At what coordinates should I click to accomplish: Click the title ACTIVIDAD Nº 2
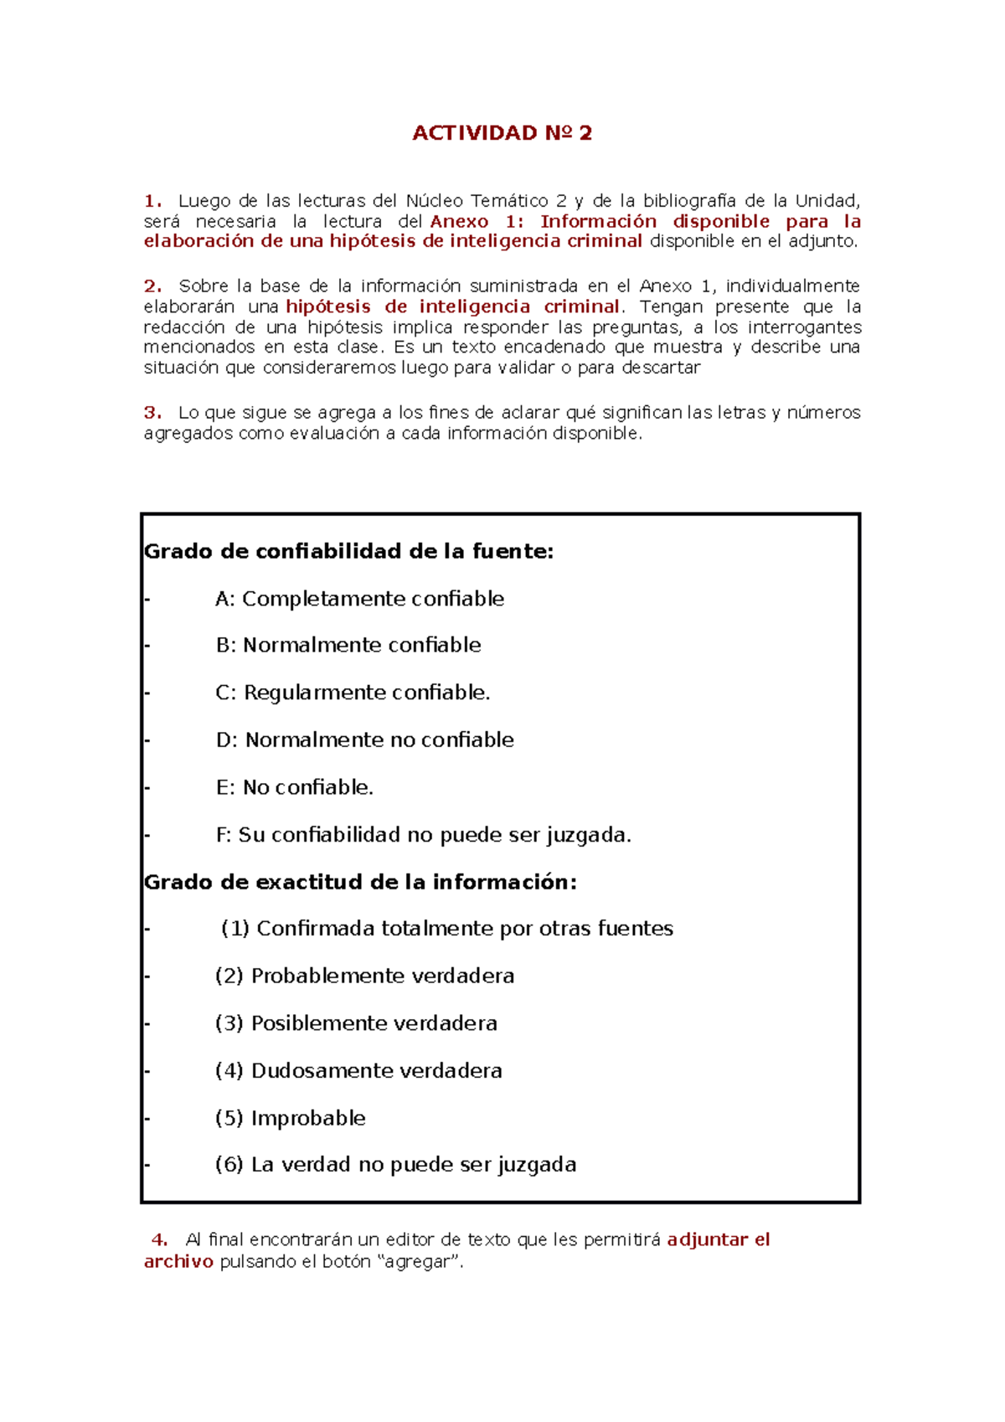pyautogui.click(x=502, y=133)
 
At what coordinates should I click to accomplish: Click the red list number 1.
pyautogui.click(x=152, y=201)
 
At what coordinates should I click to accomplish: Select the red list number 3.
pyautogui.click(x=152, y=412)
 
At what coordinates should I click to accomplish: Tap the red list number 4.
pyautogui.click(x=159, y=1239)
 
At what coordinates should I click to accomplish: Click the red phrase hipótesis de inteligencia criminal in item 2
pyautogui.click(x=452, y=307)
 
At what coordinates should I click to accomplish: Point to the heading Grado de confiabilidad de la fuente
pyautogui.click(x=348, y=551)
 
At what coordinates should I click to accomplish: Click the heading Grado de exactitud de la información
pyautogui.click(x=360, y=882)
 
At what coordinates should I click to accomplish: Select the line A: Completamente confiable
pyautogui.click(x=359, y=599)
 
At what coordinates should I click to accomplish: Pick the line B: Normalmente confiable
pyautogui.click(x=348, y=645)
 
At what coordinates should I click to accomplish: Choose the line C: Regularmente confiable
pyautogui.click(x=353, y=693)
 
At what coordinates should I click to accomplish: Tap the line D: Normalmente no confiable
pyautogui.click(x=364, y=739)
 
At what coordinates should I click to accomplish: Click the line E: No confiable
pyautogui.click(x=294, y=787)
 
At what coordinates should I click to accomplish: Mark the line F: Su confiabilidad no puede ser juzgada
pyautogui.click(x=423, y=835)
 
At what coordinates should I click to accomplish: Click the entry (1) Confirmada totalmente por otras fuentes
pyautogui.click(x=446, y=929)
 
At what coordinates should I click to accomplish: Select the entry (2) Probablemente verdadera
pyautogui.click(x=364, y=976)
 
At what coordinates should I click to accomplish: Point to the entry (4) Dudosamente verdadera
pyautogui.click(x=358, y=1070)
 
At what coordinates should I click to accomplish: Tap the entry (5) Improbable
pyautogui.click(x=290, y=1118)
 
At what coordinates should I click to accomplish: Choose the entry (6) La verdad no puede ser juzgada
pyautogui.click(x=395, y=1165)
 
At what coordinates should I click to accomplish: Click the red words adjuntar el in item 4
pyautogui.click(x=718, y=1239)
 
